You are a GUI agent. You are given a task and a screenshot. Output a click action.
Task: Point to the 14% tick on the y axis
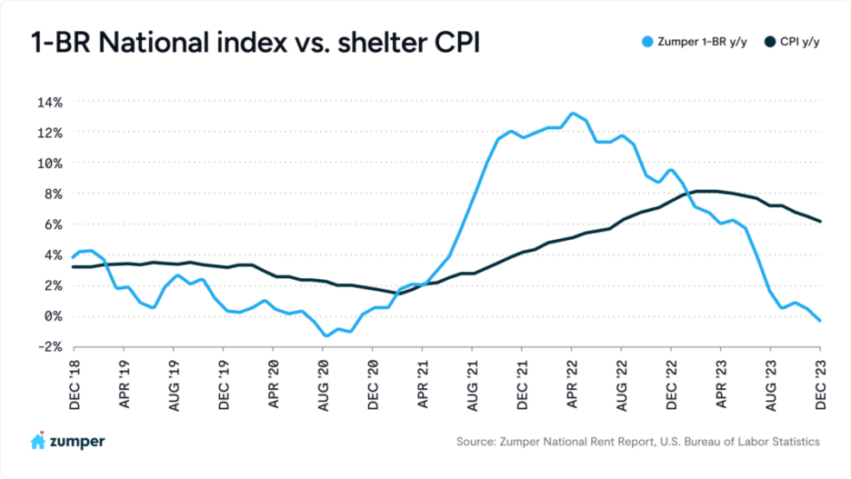[x=49, y=102]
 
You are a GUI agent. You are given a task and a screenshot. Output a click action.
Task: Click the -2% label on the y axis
[x=49, y=347]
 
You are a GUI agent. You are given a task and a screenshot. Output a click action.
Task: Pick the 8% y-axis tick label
[x=53, y=194]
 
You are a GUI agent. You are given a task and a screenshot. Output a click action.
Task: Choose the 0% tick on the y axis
[x=53, y=316]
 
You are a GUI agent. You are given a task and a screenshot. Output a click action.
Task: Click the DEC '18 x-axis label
[x=74, y=380]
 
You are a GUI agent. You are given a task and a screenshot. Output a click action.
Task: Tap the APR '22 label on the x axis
[x=572, y=380]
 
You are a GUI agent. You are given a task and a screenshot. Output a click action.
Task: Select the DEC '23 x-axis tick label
[x=821, y=380]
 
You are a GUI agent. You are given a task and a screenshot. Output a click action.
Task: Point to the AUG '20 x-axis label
[x=323, y=380]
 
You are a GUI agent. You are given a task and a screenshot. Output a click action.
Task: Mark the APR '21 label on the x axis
[x=423, y=380]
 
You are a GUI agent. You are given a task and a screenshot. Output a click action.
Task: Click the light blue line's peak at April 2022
[x=572, y=114]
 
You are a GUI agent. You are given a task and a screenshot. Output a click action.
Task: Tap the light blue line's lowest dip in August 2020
[x=325, y=336]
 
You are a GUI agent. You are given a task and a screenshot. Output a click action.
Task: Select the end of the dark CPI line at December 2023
[x=820, y=221]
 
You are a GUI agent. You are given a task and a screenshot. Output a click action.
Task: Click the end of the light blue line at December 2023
[x=820, y=321]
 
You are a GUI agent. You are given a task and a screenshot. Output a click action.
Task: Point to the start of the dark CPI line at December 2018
[x=74, y=266]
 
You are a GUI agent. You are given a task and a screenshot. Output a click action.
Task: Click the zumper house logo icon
[x=38, y=441]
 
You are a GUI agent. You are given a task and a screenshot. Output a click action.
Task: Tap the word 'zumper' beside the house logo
[x=77, y=442]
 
